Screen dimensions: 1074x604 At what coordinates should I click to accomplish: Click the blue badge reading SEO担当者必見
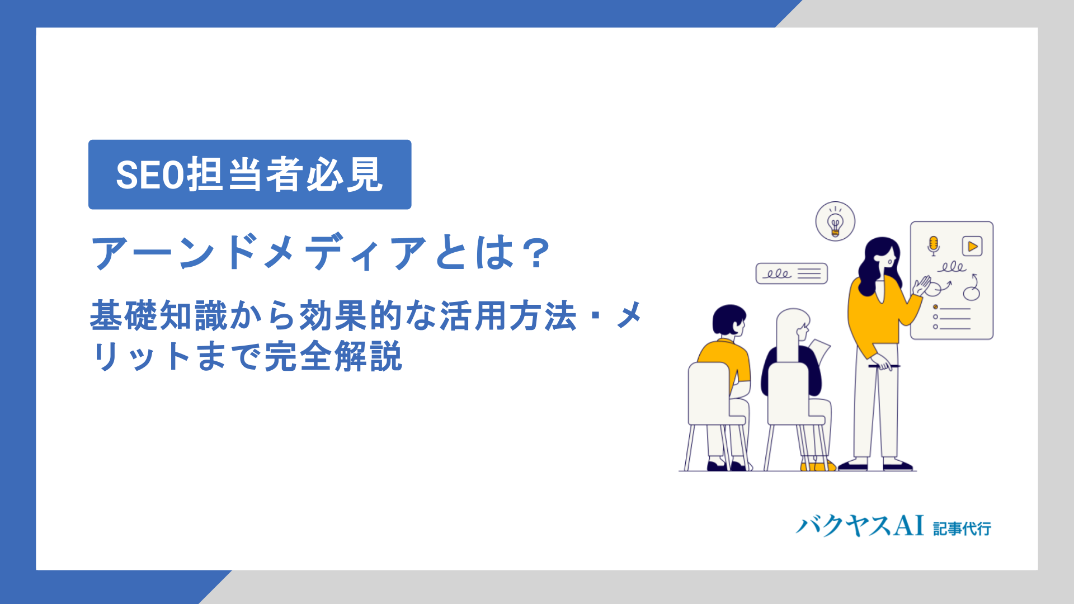(249, 174)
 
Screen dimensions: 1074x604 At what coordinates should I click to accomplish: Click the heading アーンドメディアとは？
(321, 253)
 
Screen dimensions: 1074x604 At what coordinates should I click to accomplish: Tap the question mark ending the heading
(535, 253)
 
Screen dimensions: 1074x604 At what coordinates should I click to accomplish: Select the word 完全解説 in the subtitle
(333, 356)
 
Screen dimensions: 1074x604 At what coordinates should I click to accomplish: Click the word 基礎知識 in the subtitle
(159, 315)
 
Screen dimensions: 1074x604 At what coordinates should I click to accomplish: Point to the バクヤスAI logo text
(860, 526)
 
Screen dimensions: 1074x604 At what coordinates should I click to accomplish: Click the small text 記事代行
(962, 528)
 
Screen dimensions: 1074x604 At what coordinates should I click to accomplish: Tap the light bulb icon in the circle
(835, 222)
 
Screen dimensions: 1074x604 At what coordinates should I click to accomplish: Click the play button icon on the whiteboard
(972, 246)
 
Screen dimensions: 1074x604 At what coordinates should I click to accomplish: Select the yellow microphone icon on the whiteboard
(933, 246)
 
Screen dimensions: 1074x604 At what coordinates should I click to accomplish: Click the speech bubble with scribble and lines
(792, 273)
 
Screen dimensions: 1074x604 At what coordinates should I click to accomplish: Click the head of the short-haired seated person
(729, 321)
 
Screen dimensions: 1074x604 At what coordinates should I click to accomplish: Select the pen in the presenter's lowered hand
(884, 366)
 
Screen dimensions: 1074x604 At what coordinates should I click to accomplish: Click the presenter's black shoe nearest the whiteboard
(898, 465)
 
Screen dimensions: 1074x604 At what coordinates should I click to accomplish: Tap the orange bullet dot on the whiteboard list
(935, 307)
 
